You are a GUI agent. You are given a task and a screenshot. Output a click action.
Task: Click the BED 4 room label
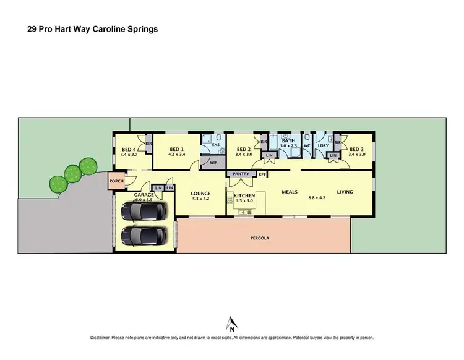(x=129, y=149)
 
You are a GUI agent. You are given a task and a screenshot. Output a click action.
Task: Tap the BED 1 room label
(x=177, y=149)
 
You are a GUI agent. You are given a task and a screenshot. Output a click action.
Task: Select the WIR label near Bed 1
(x=213, y=163)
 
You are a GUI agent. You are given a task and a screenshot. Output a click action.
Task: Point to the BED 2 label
(x=243, y=149)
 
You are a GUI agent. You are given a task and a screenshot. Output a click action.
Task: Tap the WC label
(x=306, y=146)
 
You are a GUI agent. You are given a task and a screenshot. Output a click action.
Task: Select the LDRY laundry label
(x=322, y=146)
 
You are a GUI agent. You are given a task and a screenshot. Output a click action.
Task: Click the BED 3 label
(x=357, y=149)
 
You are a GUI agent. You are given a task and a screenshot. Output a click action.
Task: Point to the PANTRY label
(x=241, y=175)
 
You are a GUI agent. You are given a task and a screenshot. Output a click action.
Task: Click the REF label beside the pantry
(x=262, y=175)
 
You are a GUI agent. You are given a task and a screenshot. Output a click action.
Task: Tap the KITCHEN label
(x=244, y=195)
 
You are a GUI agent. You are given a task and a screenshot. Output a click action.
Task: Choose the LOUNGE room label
(x=201, y=193)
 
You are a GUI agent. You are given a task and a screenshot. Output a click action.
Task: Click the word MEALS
(x=290, y=192)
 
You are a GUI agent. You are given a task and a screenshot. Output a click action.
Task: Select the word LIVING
(x=345, y=192)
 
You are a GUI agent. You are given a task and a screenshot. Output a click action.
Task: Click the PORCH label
(x=116, y=181)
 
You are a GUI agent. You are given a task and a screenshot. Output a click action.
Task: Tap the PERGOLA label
(x=259, y=238)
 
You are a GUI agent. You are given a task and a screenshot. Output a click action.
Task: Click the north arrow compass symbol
(x=232, y=324)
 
